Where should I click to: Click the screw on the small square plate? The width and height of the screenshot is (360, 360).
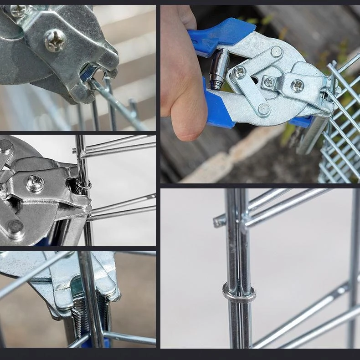(269, 82)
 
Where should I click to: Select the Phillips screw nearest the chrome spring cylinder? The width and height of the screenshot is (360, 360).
(239, 72)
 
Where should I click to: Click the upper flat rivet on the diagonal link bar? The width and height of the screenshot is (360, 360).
(276, 51)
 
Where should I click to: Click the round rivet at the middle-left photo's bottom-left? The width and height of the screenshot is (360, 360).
(15, 227)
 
